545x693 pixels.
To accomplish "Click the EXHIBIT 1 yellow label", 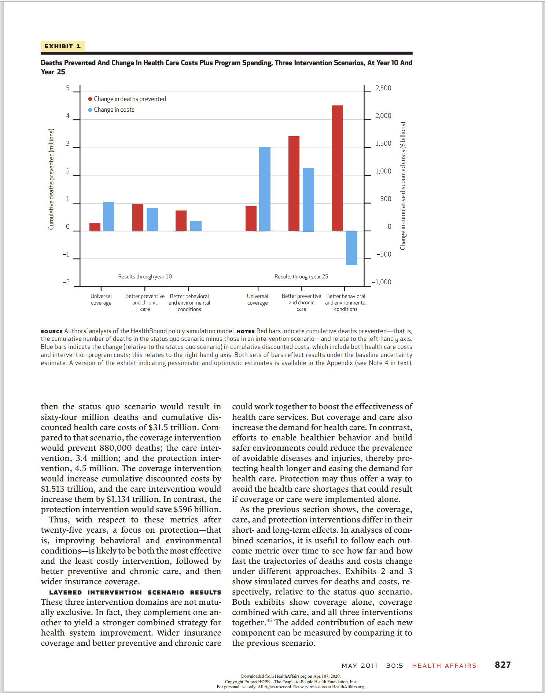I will (x=63, y=46).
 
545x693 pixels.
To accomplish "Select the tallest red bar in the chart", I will (x=337, y=168).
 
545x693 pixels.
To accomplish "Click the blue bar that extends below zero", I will (x=351, y=247).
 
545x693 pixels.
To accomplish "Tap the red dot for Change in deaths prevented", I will (x=90, y=99).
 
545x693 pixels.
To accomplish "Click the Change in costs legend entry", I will (x=114, y=110).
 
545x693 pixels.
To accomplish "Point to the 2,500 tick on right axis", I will (x=383, y=88).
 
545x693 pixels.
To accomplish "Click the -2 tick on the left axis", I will (x=66, y=282).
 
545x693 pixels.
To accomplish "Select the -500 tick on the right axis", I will (x=384, y=254).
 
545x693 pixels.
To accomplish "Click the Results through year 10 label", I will (x=145, y=277).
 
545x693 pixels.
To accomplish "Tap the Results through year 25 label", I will (x=301, y=277).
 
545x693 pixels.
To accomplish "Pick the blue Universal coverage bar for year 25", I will (x=265, y=189).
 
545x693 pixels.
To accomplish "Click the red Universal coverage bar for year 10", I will (x=95, y=227).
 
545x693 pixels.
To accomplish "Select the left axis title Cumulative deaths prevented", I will (x=51, y=179).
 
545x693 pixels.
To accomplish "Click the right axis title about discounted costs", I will (x=403, y=186).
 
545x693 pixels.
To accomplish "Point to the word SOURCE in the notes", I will (x=52, y=331).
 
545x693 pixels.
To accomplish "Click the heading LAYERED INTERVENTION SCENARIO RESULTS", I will (x=135, y=592).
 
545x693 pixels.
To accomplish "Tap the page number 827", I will (x=502, y=665).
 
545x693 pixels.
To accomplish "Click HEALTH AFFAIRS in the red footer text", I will (x=444, y=666).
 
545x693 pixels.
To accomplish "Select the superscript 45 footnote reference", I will (x=269, y=621).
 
